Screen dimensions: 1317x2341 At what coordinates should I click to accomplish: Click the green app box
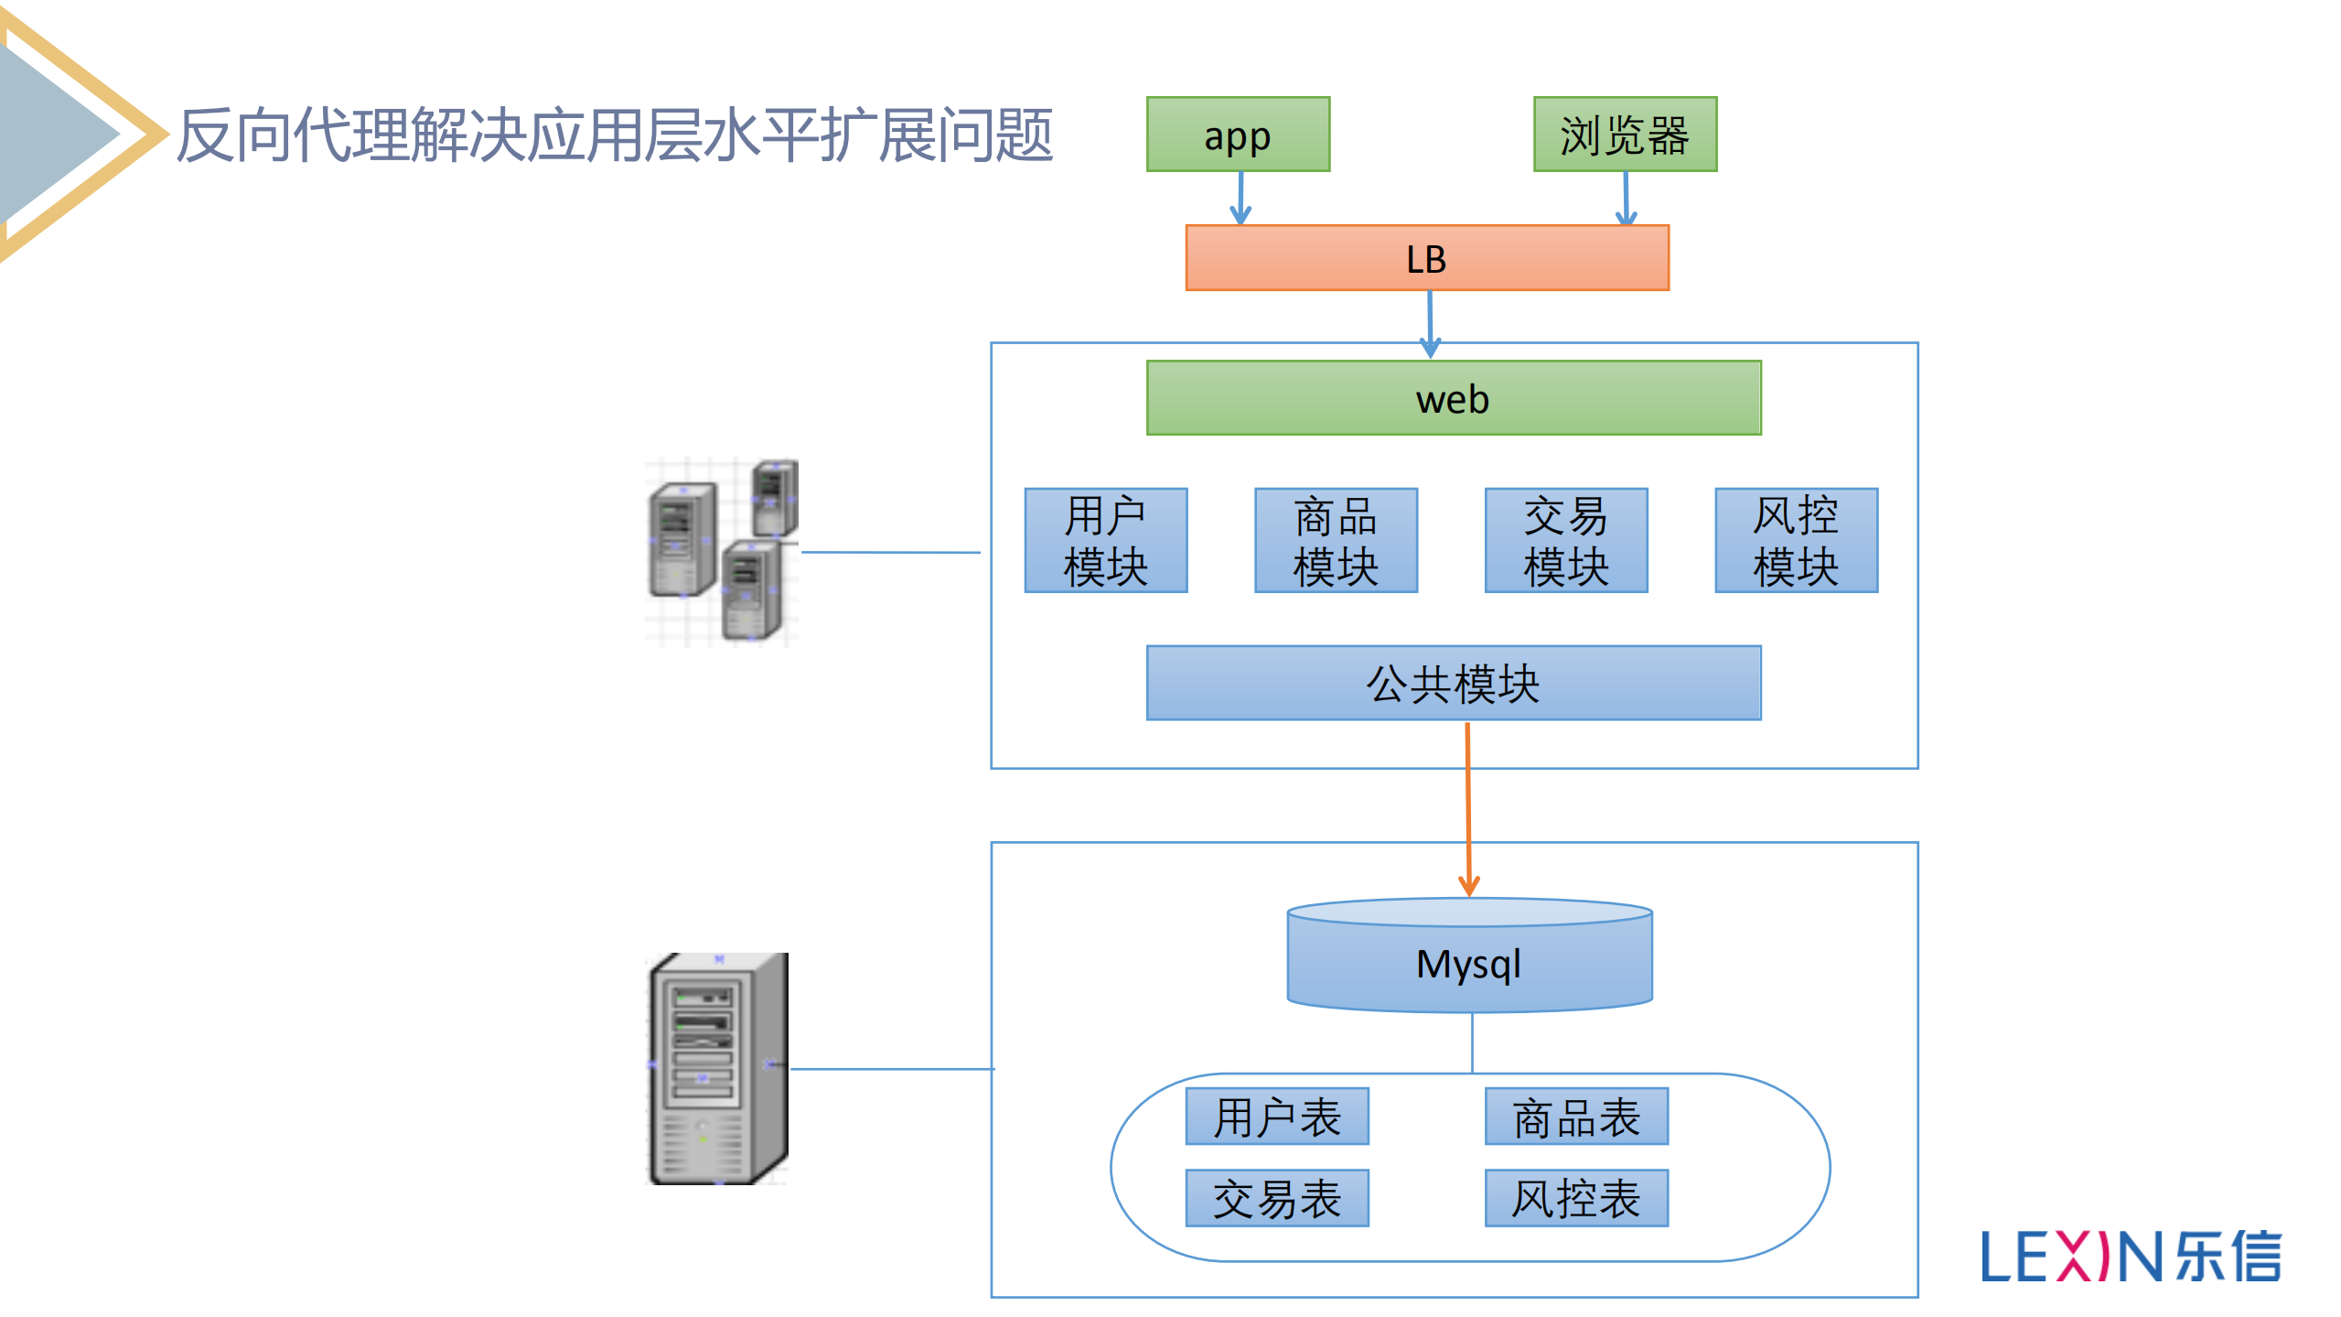point(1238,135)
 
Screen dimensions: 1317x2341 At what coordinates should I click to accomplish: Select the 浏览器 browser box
point(1625,135)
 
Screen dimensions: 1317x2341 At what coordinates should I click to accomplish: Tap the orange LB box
point(1426,258)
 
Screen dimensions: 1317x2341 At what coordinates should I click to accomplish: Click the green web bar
point(1453,398)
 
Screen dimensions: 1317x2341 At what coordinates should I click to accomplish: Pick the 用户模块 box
point(1105,540)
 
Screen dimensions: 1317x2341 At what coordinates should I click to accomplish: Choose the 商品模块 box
point(1336,540)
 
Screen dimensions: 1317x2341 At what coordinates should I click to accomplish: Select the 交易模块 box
point(1565,540)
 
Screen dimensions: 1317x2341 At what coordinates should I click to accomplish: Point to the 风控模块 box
point(1796,540)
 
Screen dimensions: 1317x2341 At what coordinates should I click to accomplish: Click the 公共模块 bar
point(1453,683)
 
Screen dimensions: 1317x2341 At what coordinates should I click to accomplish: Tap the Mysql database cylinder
point(1469,961)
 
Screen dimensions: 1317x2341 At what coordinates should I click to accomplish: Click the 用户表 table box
point(1277,1117)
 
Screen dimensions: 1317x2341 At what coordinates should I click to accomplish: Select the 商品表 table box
point(1576,1117)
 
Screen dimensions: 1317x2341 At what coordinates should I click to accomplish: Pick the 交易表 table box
point(1277,1198)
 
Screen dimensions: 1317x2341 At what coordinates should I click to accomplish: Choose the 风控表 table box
point(1576,1198)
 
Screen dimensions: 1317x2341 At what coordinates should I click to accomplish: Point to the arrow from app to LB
point(1240,198)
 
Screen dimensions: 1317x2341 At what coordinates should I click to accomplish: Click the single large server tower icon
point(717,1069)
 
